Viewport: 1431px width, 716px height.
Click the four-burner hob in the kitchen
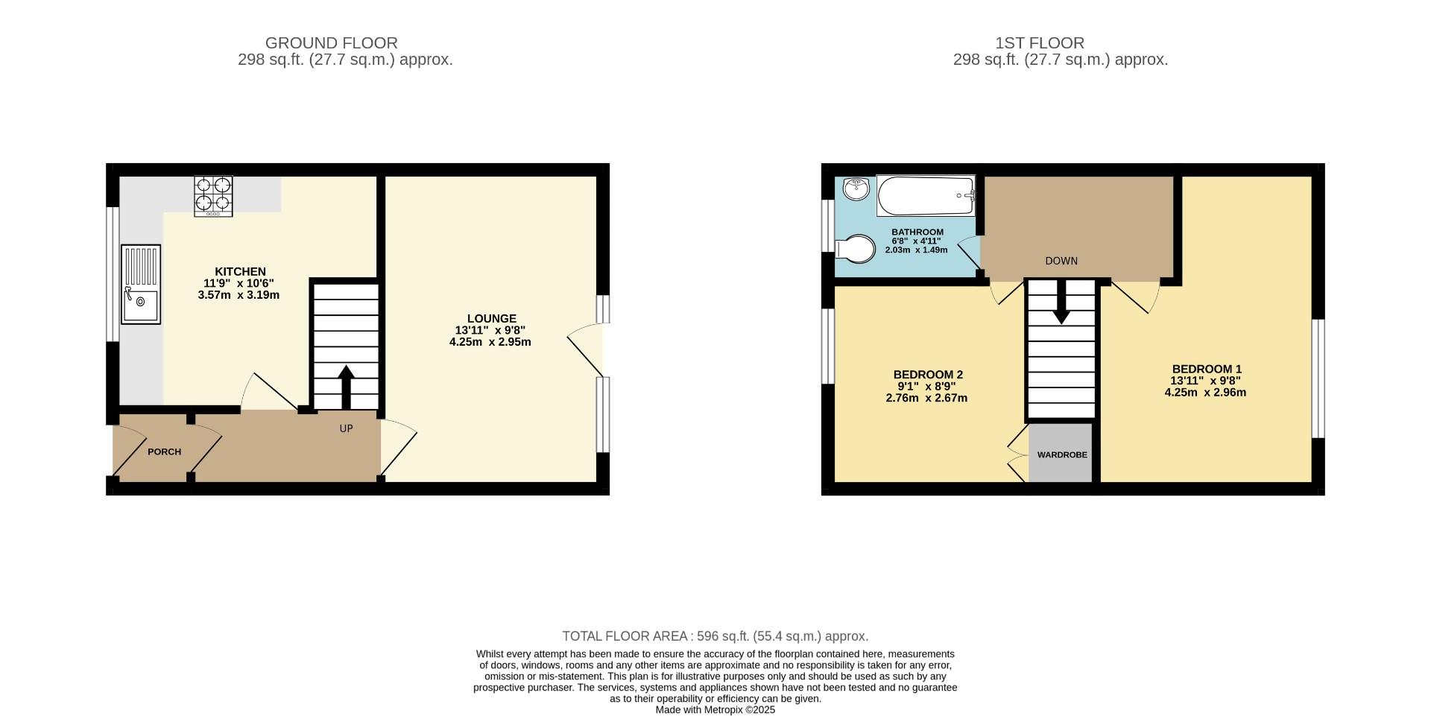[213, 196]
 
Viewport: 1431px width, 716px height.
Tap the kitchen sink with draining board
[142, 285]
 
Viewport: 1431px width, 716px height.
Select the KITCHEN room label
[240, 272]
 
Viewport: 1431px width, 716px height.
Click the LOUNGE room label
[491, 319]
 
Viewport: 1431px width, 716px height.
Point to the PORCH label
[164, 452]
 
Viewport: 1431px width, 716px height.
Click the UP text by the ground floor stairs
[346, 428]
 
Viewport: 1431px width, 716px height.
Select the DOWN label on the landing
[1061, 261]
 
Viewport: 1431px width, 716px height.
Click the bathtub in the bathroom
[925, 196]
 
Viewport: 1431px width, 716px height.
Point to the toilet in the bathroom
[856, 248]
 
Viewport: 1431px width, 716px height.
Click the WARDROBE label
[1061, 454]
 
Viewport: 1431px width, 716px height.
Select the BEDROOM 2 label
[928, 375]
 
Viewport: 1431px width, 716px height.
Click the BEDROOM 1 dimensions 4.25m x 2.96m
[1205, 393]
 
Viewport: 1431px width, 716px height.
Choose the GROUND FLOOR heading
[331, 43]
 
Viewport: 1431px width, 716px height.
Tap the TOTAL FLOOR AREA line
[715, 636]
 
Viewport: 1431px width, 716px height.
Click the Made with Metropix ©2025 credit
[715, 710]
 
